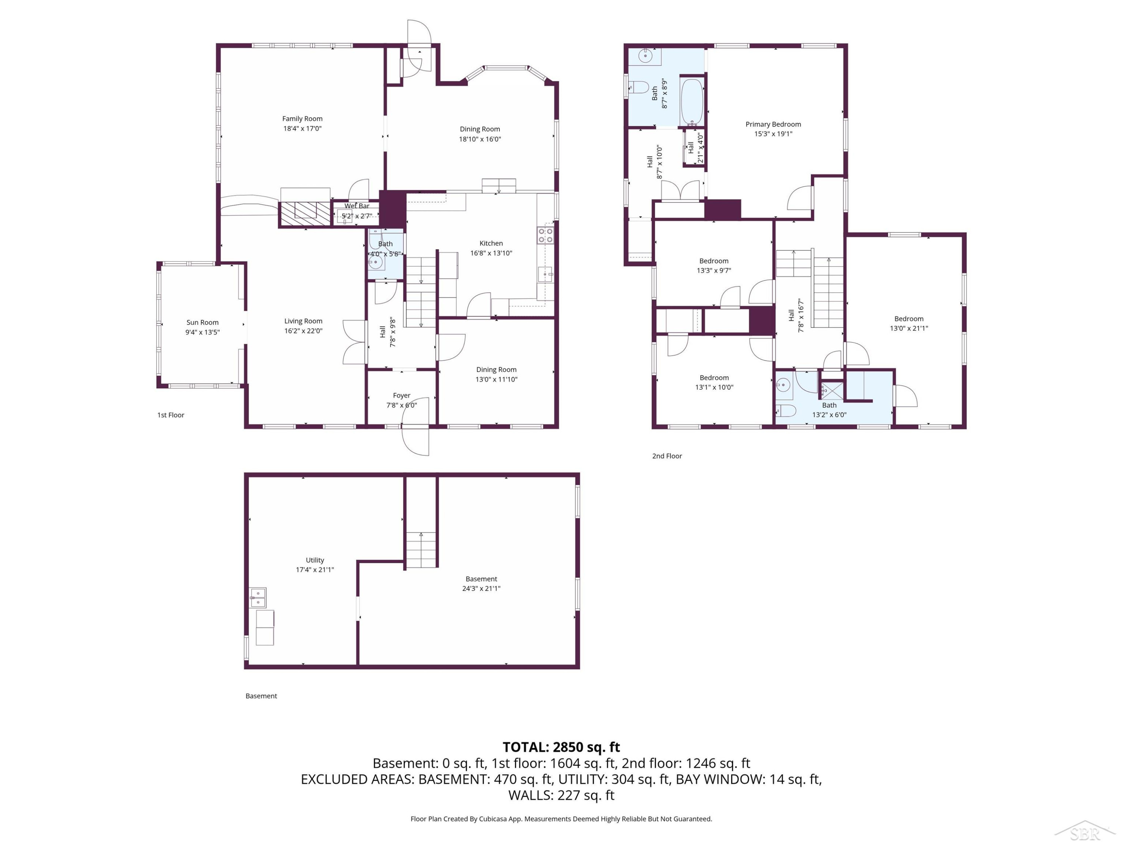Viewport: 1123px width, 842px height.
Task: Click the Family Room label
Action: tap(302, 119)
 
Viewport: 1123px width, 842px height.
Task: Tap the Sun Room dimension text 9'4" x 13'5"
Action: tap(202, 332)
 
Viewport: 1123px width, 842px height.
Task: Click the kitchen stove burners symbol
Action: tap(545, 235)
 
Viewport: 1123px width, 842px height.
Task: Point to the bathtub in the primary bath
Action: tap(691, 101)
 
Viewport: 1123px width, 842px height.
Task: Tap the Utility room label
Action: tap(315, 560)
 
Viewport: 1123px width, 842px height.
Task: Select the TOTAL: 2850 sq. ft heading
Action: tap(561, 747)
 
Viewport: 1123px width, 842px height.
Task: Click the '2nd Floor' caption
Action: tap(667, 456)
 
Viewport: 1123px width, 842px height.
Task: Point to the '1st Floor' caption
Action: tap(171, 415)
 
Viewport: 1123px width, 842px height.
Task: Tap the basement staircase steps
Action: tap(421, 550)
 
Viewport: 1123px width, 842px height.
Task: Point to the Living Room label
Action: tap(303, 321)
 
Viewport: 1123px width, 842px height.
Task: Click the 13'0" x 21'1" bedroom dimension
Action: tap(909, 328)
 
